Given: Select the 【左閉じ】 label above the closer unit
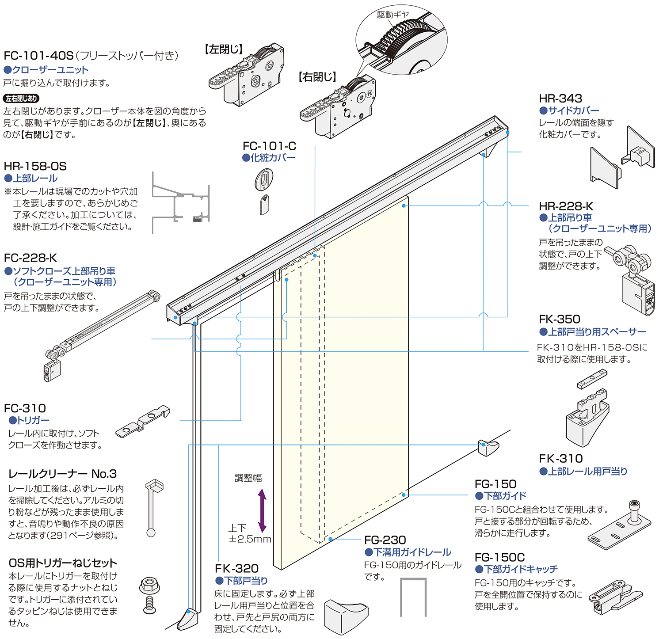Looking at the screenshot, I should [224, 49].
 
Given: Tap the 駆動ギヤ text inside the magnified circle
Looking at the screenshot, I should [393, 15].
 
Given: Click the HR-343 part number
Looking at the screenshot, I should [560, 98].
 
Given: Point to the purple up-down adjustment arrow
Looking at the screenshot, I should [262, 510].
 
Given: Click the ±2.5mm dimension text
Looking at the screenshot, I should [250, 539].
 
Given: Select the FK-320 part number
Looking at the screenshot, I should [236, 568].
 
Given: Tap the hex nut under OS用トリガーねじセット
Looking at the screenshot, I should [149, 586].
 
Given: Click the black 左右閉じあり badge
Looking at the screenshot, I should [21, 99].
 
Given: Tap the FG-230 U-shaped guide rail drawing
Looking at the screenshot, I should [413, 597].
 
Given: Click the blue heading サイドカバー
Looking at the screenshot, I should [573, 110].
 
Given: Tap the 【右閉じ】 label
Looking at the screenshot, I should [317, 77].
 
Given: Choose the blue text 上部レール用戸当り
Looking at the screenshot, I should [587, 472].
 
